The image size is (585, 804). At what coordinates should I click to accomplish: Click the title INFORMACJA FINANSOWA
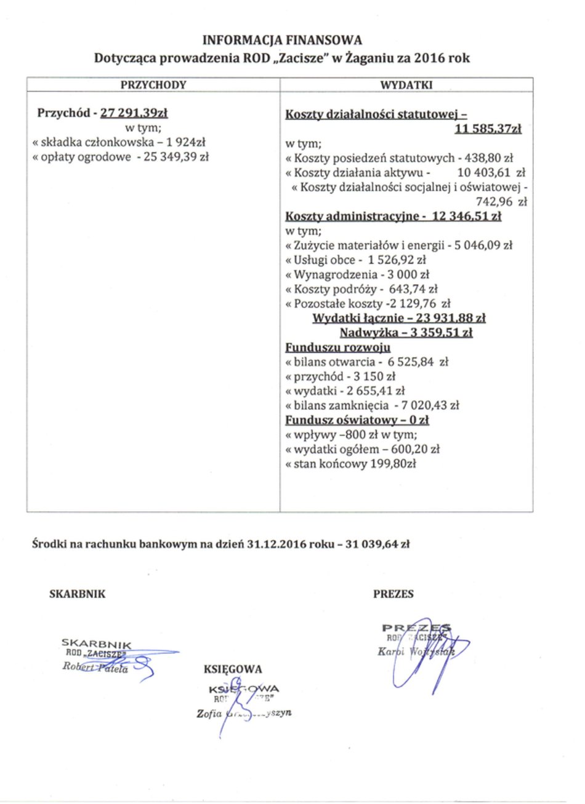click(x=282, y=41)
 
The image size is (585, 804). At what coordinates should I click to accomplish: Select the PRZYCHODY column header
click(x=153, y=85)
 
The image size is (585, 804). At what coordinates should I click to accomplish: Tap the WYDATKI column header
click(x=406, y=85)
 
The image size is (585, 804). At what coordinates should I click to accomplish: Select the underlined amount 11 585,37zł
click(x=488, y=129)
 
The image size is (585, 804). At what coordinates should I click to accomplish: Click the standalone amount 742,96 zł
click(x=501, y=201)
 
